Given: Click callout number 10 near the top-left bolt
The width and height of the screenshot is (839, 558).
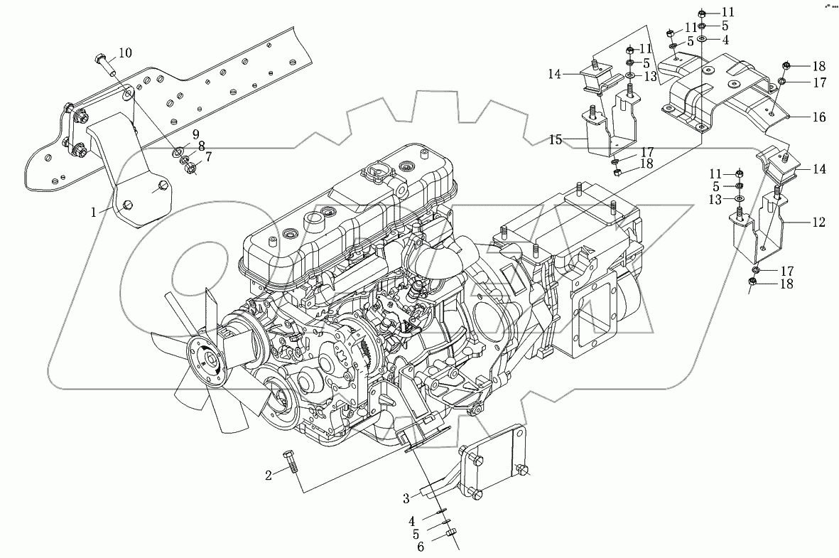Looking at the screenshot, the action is point(124,53).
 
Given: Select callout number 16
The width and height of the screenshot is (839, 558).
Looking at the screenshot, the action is point(819,117).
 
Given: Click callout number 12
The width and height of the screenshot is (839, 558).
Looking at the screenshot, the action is point(819,222).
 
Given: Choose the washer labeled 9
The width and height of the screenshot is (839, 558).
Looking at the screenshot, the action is point(179,151).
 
